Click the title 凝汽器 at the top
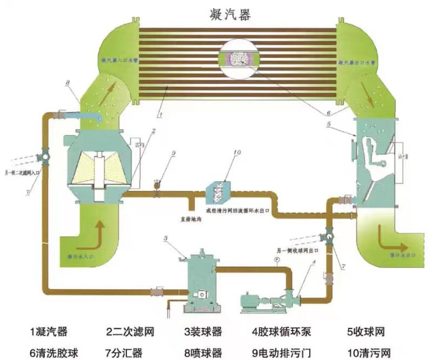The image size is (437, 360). pyautogui.click(x=230, y=14)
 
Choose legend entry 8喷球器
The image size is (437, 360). pyautogui.click(x=203, y=352)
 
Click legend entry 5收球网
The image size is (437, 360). pyautogui.click(x=366, y=332)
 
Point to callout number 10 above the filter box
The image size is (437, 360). pyautogui.click(x=237, y=152)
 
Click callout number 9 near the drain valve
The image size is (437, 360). pyautogui.click(x=173, y=153)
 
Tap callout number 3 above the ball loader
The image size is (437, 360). pyautogui.click(x=166, y=238)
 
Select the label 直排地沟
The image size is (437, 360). pyautogui.click(x=191, y=218)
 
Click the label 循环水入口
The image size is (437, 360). pyautogui.click(x=85, y=256)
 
